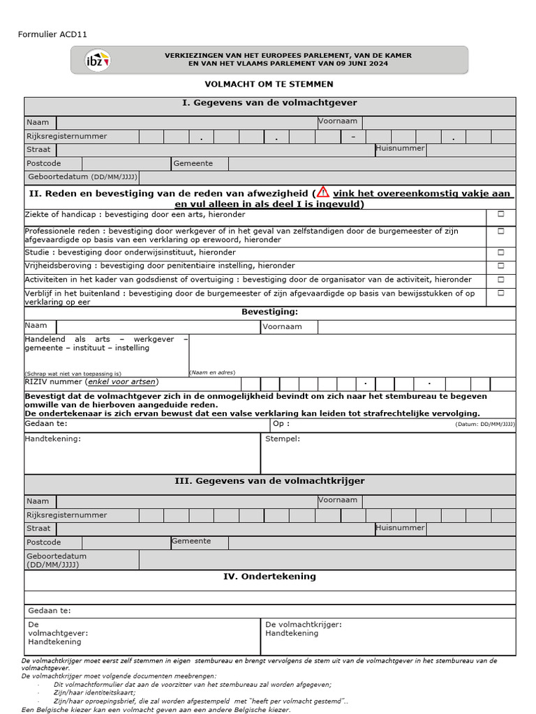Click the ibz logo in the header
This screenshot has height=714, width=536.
[97, 60]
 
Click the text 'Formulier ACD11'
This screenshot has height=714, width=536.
[52, 34]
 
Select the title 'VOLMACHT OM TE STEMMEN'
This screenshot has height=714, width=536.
[269, 84]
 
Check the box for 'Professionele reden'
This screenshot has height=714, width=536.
[500, 231]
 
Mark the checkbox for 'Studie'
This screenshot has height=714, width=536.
[500, 252]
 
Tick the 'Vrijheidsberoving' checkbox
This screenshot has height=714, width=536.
[500, 266]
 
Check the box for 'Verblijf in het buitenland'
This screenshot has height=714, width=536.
[500, 294]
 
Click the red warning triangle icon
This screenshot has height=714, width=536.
[322, 192]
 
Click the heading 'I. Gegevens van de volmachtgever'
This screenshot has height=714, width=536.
[269, 103]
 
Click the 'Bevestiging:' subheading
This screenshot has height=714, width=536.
[269, 312]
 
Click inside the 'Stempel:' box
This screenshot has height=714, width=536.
[388, 457]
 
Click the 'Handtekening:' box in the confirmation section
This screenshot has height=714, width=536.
[142, 457]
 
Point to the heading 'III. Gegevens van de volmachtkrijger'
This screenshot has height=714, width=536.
[269, 481]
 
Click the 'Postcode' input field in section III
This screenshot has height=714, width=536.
[126, 542]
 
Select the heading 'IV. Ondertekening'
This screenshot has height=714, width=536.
[269, 577]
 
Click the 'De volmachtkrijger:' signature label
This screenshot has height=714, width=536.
[304, 625]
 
